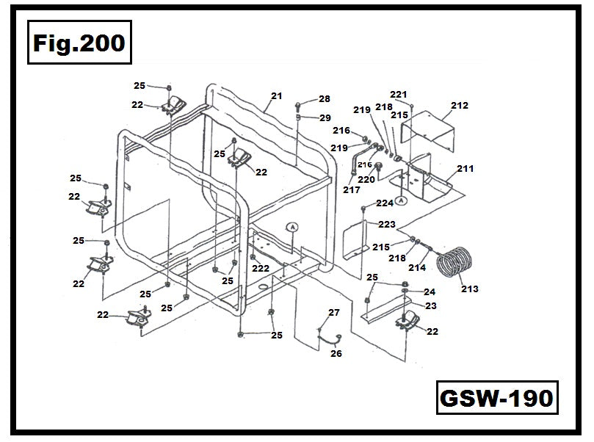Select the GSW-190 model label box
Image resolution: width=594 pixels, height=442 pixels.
[x=496, y=399]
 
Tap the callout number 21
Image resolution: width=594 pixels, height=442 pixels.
[x=276, y=96]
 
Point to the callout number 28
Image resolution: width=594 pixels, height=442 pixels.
[x=324, y=99]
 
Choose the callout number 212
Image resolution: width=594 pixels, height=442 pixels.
[x=460, y=106]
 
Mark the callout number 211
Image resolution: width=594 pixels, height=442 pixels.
[x=466, y=169]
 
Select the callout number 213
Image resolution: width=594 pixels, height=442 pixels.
[x=469, y=289]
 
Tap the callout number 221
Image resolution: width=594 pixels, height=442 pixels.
[x=398, y=95]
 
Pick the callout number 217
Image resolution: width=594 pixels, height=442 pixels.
[x=351, y=190]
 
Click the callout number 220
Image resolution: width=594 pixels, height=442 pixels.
[x=366, y=179]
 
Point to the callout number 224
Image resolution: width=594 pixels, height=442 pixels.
[x=385, y=203]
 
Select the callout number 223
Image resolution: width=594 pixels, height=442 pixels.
[x=386, y=224]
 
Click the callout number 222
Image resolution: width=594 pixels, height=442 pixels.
[x=261, y=269]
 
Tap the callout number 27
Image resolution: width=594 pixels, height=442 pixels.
[x=334, y=313]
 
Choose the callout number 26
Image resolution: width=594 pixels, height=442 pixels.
[x=336, y=353]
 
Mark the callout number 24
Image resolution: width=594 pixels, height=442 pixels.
[x=430, y=292]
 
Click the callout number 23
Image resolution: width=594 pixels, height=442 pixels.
[x=430, y=305]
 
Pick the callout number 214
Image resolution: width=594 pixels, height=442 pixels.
[x=417, y=268]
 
